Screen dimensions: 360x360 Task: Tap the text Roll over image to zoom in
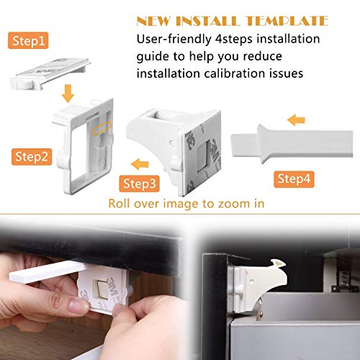click(186, 203)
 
